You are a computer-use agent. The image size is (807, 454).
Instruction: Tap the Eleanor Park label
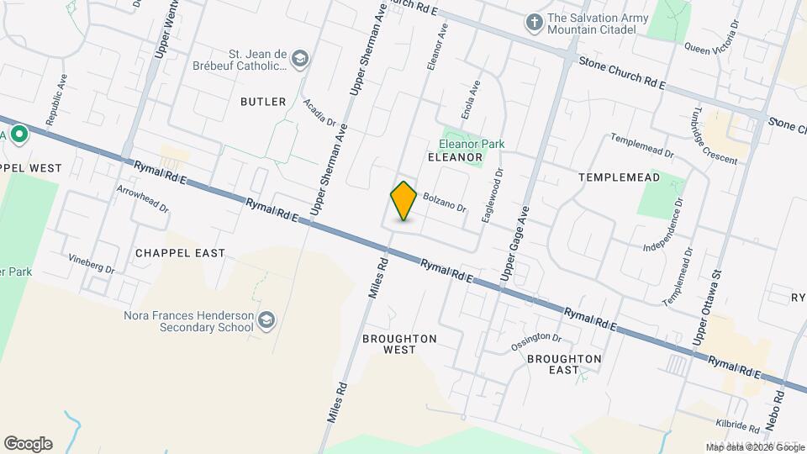[472, 144]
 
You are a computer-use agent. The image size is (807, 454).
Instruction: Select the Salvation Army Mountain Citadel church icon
[533, 23]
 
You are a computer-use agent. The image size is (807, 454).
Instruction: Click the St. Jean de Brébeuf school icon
[300, 59]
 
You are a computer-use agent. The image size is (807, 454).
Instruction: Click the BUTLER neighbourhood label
[263, 102]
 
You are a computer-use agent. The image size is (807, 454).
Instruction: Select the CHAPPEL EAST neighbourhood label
[180, 253]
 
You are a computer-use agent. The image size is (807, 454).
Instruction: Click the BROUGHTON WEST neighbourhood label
[399, 344]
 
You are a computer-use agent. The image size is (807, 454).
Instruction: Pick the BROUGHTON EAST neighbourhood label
[564, 364]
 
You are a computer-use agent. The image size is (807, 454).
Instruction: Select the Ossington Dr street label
[536, 342]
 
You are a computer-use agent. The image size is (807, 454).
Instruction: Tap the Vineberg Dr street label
[92, 264]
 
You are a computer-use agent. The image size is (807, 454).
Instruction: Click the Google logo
[28, 444]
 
